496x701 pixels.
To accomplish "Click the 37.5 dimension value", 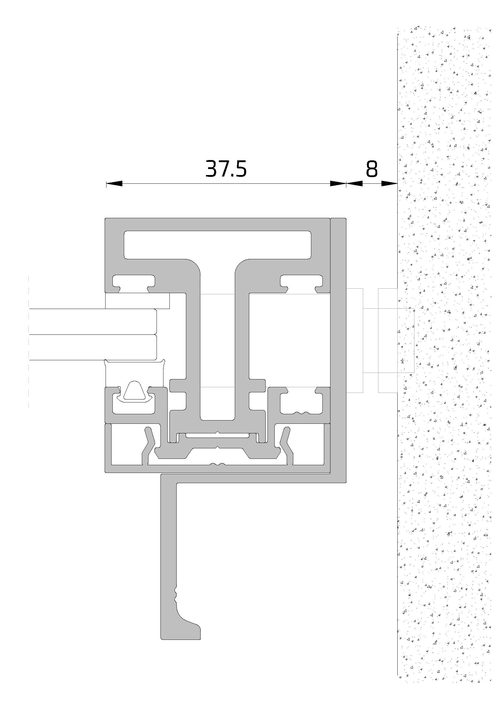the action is pyautogui.click(x=226, y=169).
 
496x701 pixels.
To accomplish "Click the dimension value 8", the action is pyautogui.click(x=372, y=169).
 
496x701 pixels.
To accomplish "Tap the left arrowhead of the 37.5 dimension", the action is pyautogui.click(x=114, y=183).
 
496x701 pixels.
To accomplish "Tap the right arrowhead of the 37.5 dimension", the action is pyautogui.click(x=338, y=183).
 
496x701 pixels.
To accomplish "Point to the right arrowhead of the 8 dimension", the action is pyautogui.click(x=390, y=183).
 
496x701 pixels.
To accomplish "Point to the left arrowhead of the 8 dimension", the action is pyautogui.click(x=354, y=183).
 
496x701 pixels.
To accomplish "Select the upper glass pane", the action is pyautogui.click(x=93, y=322).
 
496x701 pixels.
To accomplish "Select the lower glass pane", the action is pyautogui.click(x=93, y=347).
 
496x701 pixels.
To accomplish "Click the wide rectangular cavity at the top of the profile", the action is pyautogui.click(x=217, y=245).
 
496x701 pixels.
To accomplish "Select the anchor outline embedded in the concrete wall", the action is pyautogui.click(x=396, y=340).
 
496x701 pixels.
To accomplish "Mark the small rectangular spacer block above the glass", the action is pyautogui.click(x=137, y=301).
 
